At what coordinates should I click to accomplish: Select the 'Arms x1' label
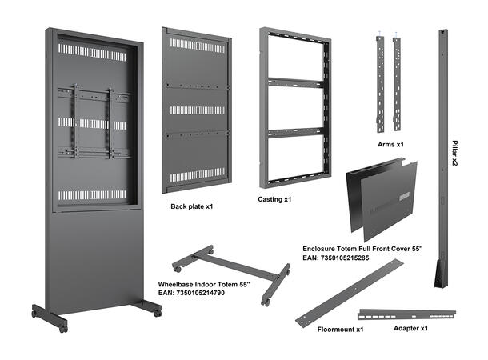tap(392, 145)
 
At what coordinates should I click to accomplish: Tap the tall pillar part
tap(442, 160)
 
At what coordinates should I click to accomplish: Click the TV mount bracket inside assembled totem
tap(93, 124)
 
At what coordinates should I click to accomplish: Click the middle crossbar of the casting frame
tap(293, 79)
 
